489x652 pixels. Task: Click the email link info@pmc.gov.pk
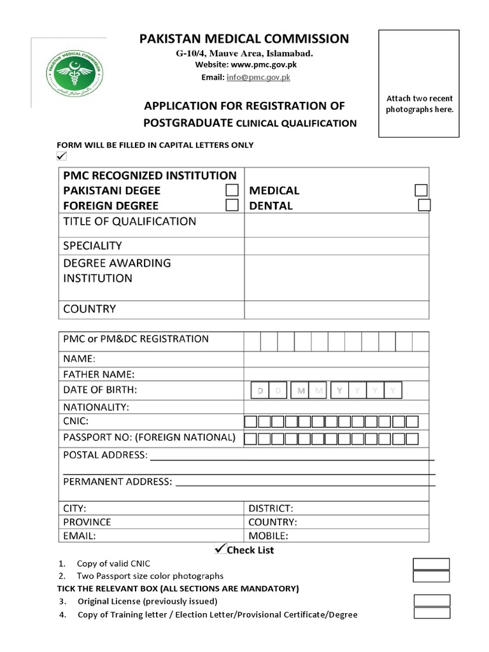coord(259,77)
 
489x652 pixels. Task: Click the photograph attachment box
coord(419,83)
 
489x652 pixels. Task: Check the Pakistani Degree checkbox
coord(232,190)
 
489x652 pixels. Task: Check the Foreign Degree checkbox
coord(232,205)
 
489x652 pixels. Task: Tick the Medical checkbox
coord(421,190)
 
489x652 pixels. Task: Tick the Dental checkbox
coord(424,205)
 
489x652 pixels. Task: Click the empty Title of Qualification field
coord(336,225)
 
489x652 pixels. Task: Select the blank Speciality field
coord(336,246)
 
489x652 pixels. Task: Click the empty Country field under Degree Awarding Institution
coord(336,309)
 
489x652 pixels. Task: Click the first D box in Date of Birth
coord(260,391)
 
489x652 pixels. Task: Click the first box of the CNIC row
coord(251,422)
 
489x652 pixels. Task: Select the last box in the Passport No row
coord(412,439)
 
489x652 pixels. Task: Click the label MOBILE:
coord(268,535)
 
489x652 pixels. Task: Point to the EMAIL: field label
coord(79,535)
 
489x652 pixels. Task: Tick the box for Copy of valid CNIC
coord(431,564)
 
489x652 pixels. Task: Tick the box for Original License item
coord(432,600)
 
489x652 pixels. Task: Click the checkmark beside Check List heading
coord(221,548)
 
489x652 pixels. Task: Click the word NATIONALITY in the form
coord(96,406)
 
